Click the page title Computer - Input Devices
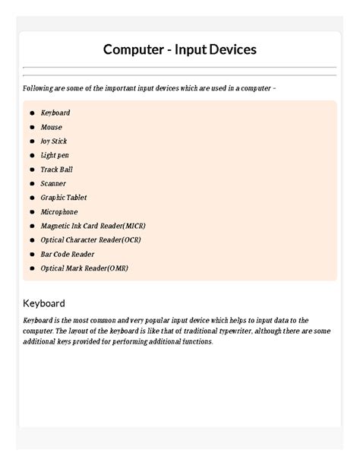coord(180,50)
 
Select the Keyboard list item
coord(55,113)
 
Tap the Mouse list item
coord(52,128)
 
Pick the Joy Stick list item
coord(54,141)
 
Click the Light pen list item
coord(55,156)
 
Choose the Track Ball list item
coord(57,170)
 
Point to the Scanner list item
coord(53,184)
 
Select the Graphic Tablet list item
coord(64,198)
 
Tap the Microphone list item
coord(59,212)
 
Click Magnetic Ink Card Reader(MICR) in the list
coord(93,227)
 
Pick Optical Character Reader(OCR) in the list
coord(91,240)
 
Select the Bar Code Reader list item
coord(68,255)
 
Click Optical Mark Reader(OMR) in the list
coord(84,268)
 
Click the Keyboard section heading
coord(44,303)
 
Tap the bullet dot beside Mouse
coord(32,128)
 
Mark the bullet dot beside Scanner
coord(32,184)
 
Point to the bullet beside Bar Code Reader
coord(32,255)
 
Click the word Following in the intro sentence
coord(39,89)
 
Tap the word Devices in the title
coord(229,50)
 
